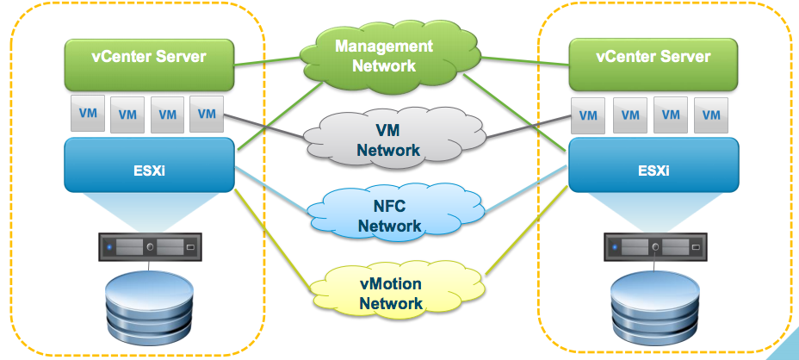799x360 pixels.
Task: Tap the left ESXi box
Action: click(150, 165)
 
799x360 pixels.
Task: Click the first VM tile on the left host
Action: click(87, 113)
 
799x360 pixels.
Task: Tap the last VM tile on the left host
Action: click(207, 113)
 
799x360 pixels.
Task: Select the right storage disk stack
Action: click(654, 308)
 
